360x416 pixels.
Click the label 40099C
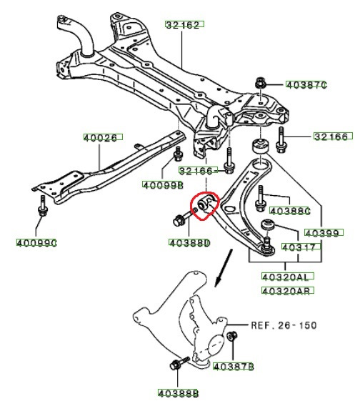tap(36, 242)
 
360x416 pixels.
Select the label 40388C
tap(292, 211)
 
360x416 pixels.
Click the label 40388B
tap(179, 392)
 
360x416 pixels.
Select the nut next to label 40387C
tap(260, 83)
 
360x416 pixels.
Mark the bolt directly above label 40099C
tap(42, 209)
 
